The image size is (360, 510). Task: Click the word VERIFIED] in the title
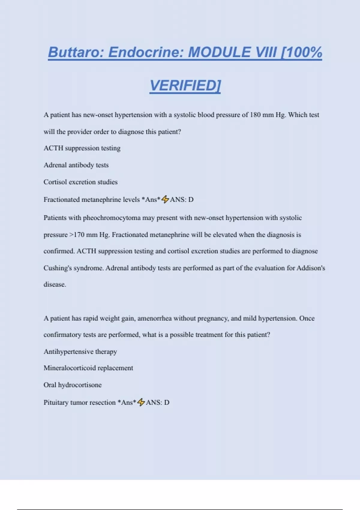point(185,85)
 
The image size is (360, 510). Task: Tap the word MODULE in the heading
point(219,52)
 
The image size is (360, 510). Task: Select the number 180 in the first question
point(255,115)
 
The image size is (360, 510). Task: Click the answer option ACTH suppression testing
point(82,148)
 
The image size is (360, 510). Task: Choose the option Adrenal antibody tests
point(76,165)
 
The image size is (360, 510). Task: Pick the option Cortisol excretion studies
point(80,182)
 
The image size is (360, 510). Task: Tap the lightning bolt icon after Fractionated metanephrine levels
point(165,199)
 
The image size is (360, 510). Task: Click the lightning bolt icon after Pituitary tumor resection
point(141,402)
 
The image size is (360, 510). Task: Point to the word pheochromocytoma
point(112,218)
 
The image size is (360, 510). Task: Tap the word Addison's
point(311,268)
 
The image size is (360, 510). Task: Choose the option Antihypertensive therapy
point(80,352)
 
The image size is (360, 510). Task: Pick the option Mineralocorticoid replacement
point(88,368)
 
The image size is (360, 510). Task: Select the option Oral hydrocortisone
point(73,385)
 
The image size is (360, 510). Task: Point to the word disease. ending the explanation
point(55,284)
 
